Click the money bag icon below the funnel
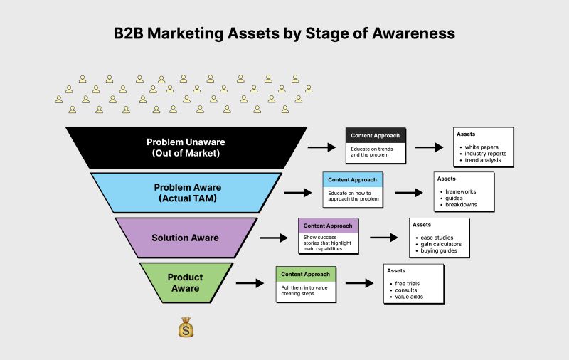186,327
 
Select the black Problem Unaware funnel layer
186,147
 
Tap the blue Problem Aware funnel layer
186,193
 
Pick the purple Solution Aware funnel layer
186,238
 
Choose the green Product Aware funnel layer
186,282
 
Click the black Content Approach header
376,135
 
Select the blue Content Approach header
353,180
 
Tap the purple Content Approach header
328,226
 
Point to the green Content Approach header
305,274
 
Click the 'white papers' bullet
482,147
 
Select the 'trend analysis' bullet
484,160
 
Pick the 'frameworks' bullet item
460,192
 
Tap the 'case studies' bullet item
436,238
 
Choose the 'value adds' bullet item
408,297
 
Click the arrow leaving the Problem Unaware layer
321,147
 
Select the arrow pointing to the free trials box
360,283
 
